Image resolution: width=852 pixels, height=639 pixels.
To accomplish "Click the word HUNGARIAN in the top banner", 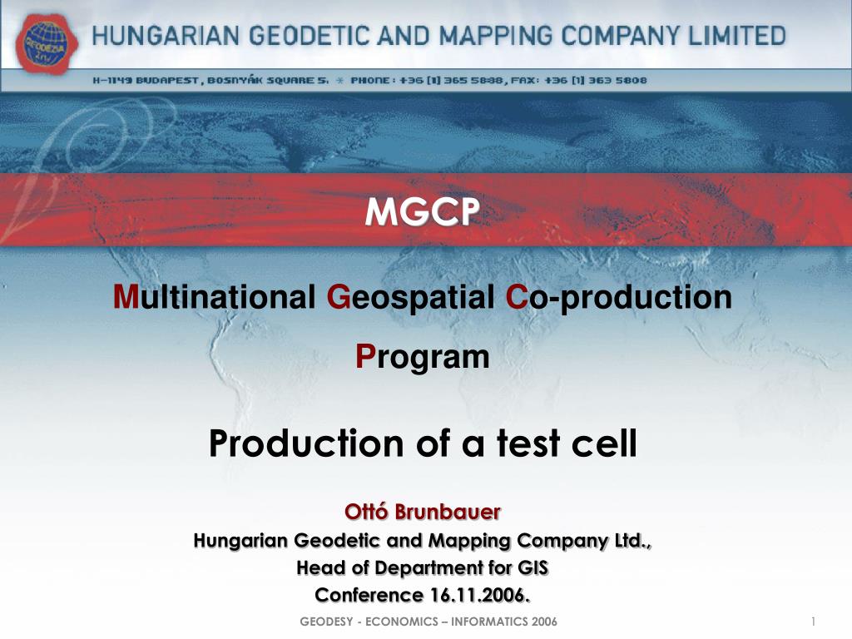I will (x=153, y=36).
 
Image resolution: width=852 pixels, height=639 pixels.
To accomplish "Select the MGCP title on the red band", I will (x=422, y=214).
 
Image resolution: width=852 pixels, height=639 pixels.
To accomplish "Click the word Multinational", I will (x=215, y=297).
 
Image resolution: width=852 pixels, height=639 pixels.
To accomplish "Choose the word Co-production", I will (x=618, y=297).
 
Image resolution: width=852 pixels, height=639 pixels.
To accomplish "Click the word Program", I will (x=422, y=356).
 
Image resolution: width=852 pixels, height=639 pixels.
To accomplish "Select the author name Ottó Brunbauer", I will (x=423, y=510).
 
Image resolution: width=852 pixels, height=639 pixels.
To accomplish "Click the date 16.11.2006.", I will (x=479, y=595).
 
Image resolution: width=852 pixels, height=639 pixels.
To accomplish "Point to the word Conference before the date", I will (x=369, y=595).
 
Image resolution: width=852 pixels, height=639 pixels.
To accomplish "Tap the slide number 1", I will (x=811, y=623).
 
